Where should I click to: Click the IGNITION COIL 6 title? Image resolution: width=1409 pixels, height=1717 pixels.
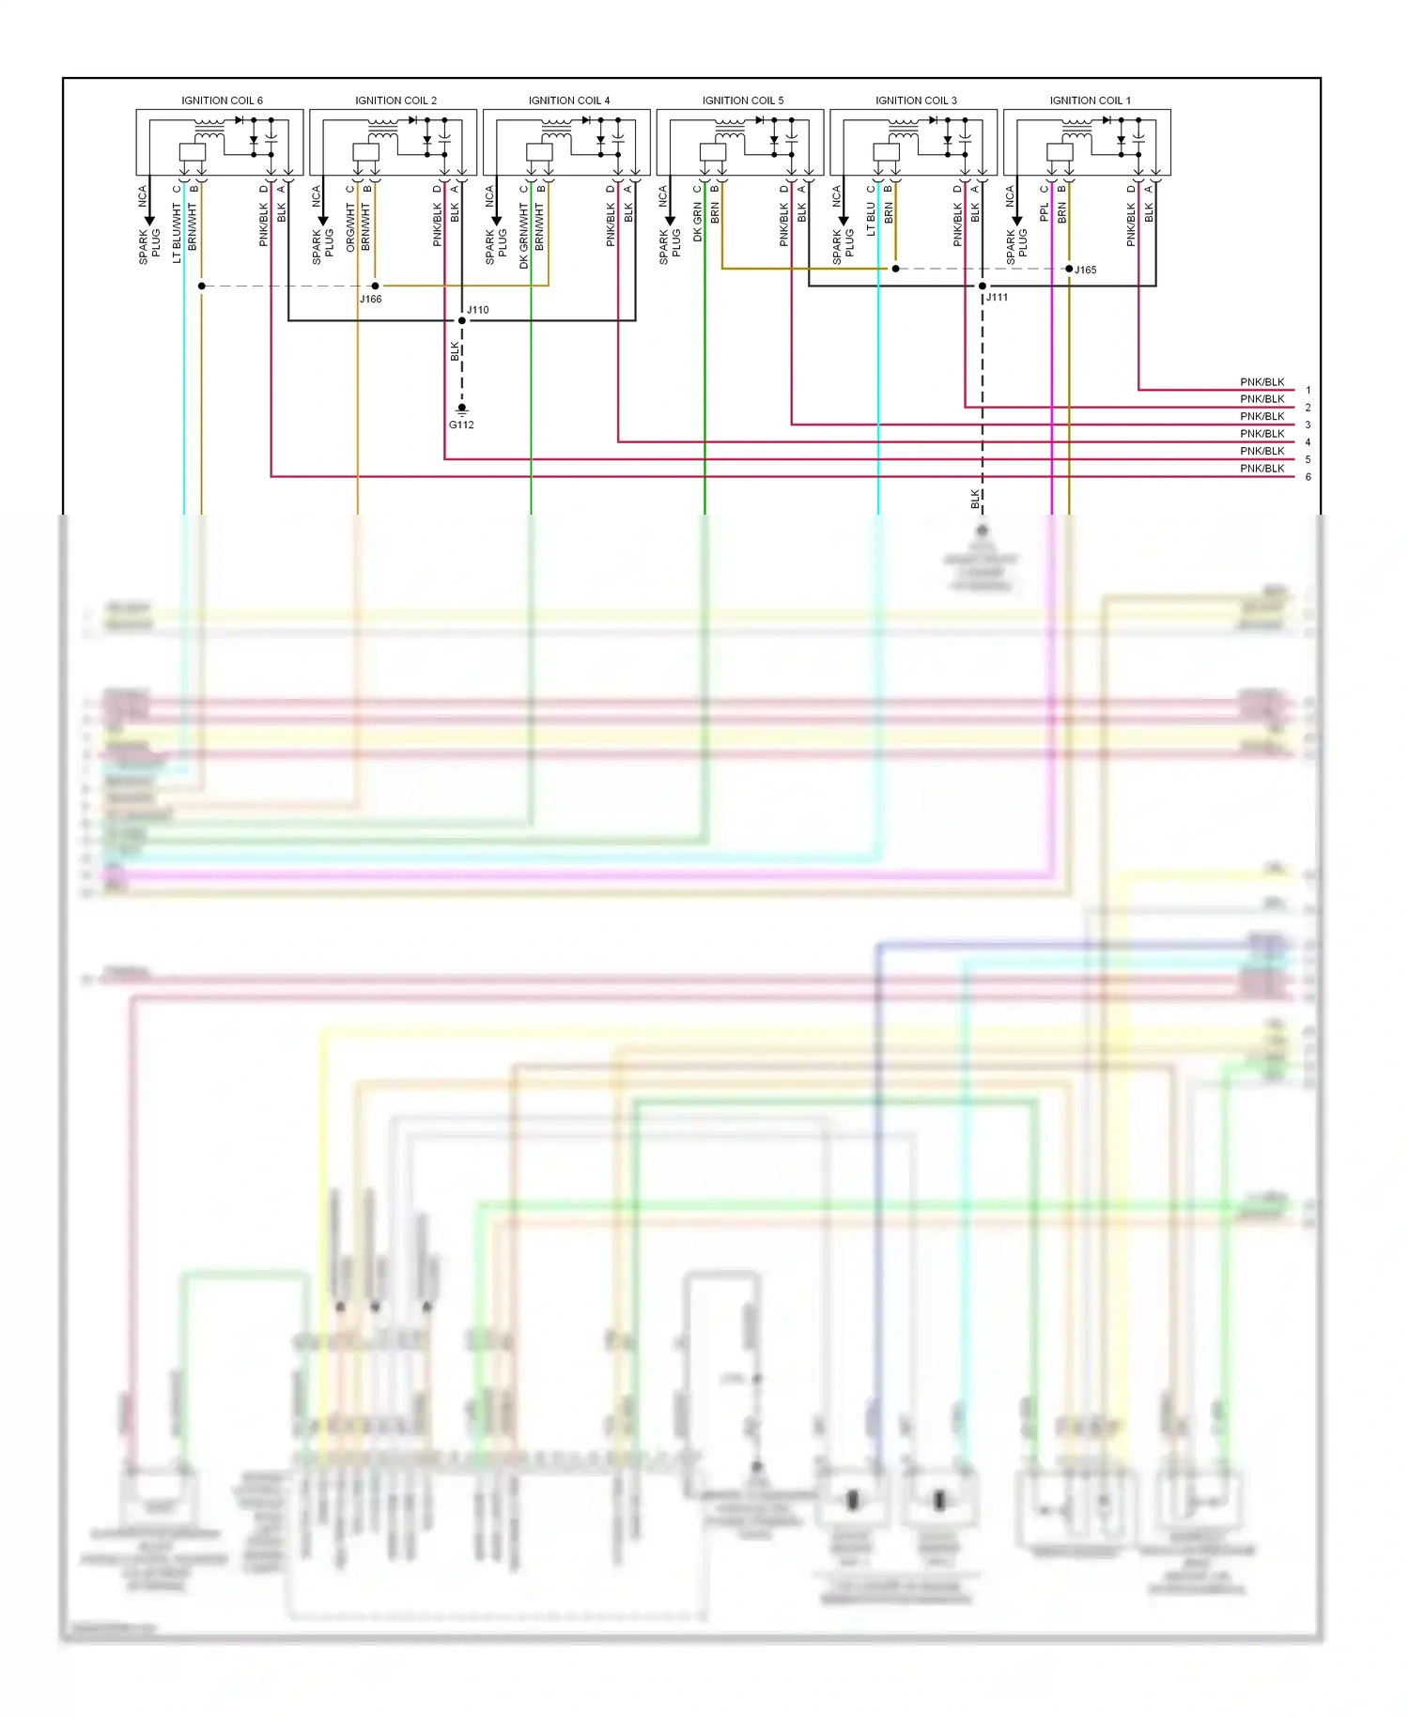(x=222, y=101)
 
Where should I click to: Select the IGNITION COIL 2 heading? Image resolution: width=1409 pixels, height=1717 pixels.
(x=395, y=101)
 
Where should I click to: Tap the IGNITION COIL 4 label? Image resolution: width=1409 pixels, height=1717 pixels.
(x=568, y=101)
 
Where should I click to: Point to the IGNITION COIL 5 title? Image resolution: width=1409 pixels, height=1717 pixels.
(x=742, y=101)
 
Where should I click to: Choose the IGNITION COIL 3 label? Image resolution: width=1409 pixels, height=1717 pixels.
(x=916, y=101)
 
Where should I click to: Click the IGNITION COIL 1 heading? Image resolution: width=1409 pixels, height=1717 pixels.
(x=1090, y=101)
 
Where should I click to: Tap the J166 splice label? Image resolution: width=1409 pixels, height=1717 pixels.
(x=370, y=300)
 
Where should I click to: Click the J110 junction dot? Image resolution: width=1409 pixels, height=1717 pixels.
(x=461, y=320)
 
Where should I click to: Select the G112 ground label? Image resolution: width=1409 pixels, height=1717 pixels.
(x=461, y=425)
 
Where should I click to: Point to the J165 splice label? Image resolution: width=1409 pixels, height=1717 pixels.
(x=1085, y=271)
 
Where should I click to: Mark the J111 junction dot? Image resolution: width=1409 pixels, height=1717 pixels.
(x=983, y=286)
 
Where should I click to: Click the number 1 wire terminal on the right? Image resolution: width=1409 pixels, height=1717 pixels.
(x=1308, y=390)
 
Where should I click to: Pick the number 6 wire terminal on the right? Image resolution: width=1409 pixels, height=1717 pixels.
(x=1308, y=477)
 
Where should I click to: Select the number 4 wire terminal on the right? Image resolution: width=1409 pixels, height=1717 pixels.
(x=1308, y=442)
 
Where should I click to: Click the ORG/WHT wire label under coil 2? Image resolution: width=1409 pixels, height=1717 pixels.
(x=350, y=229)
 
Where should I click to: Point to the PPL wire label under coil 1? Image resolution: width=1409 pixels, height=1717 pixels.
(x=1044, y=213)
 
